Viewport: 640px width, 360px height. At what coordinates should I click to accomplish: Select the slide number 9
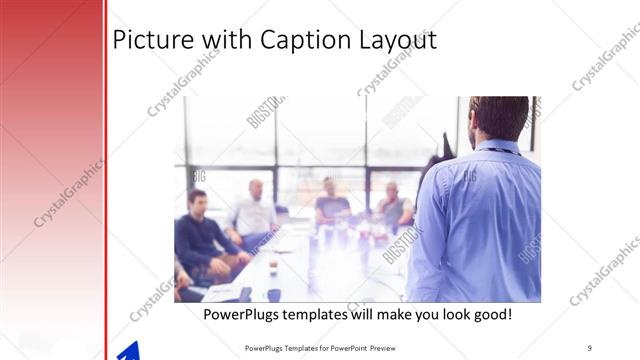click(589, 347)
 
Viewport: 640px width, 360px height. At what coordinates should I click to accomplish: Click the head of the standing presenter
click(497, 118)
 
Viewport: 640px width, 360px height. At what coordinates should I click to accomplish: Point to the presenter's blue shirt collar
click(497, 148)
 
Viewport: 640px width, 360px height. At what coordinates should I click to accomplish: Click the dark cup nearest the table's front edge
click(274, 294)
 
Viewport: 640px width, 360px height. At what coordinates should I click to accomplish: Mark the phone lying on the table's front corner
click(244, 293)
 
